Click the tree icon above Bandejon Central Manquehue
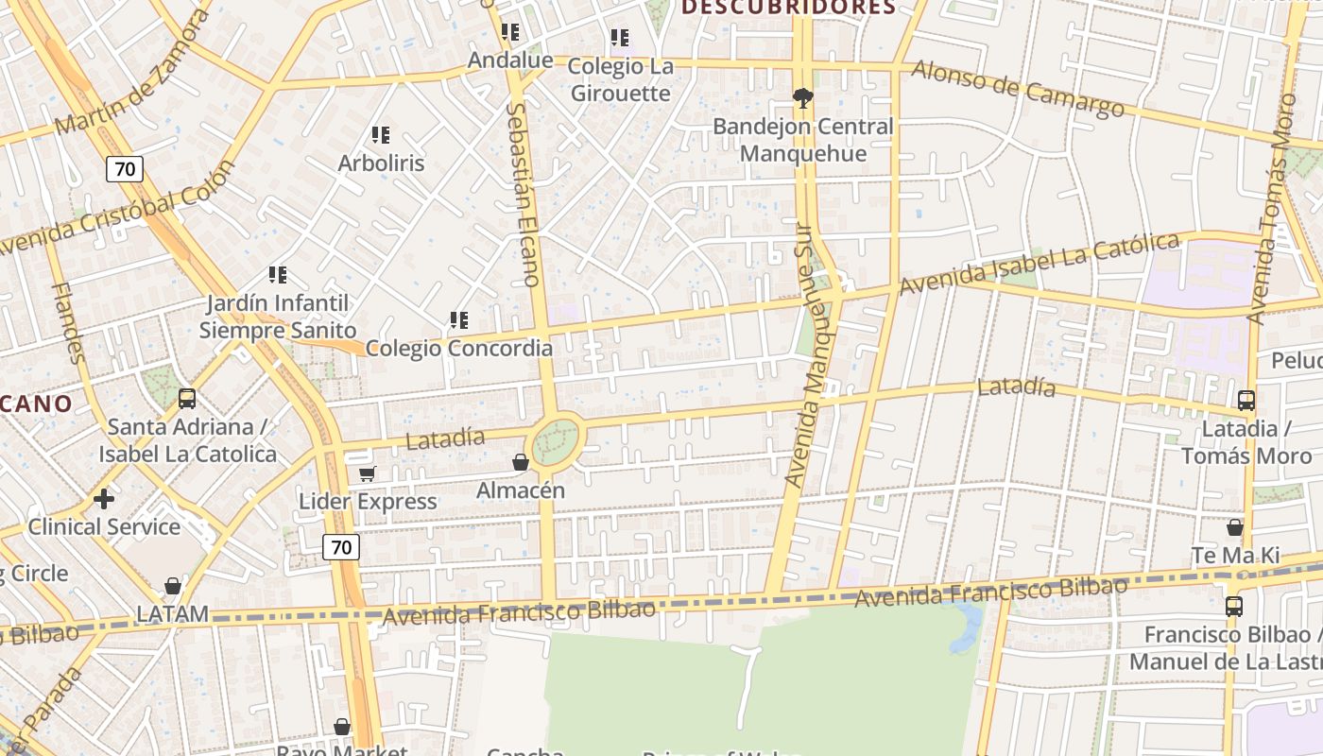tap(802, 97)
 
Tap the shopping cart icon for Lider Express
tap(367, 473)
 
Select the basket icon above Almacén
tap(520, 462)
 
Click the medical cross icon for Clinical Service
tap(104, 498)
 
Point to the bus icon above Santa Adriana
tap(187, 399)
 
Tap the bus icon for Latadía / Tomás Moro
tap(1246, 401)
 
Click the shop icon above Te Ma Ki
tap(1234, 527)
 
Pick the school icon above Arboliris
tap(381, 135)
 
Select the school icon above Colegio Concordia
tap(459, 320)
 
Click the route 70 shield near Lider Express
tap(341, 547)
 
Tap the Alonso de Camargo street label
tap(1018, 90)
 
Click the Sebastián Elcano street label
tap(523, 194)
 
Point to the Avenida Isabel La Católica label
tap(1039, 264)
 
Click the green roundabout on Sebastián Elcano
tap(555, 442)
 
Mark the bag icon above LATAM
tap(172, 587)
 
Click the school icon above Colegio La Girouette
tap(620, 38)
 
